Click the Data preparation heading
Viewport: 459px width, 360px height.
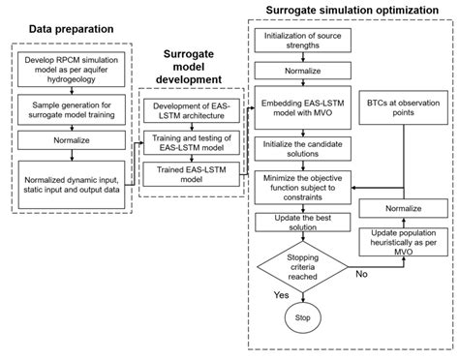click(70, 29)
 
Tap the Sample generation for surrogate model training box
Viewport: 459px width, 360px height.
click(70, 106)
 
